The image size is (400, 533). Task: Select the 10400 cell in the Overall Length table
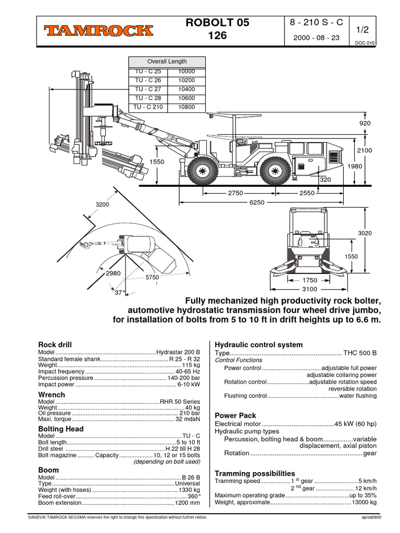coord(186,90)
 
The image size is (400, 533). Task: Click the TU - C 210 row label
coord(147,108)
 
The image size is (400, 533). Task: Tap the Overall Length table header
coord(167,61)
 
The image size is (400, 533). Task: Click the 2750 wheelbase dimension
coord(235,193)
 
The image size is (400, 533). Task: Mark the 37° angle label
coord(120,293)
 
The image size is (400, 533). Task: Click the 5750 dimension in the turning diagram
coord(152,278)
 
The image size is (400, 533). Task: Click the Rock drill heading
coord(55,345)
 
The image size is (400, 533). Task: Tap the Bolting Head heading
coord(61,429)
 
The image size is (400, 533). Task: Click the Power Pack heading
coord(235,415)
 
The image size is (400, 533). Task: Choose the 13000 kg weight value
coord(364,502)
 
